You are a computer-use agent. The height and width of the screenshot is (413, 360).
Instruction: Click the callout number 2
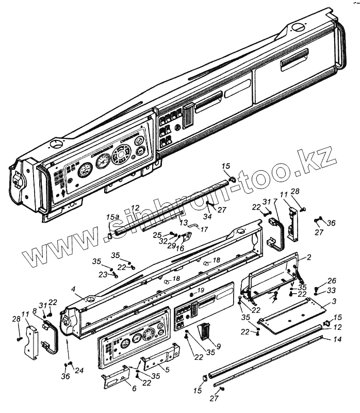click(x=309, y=257)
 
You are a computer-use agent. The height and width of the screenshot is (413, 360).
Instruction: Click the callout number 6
click(x=135, y=388)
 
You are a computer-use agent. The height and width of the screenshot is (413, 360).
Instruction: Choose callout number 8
click(x=35, y=311)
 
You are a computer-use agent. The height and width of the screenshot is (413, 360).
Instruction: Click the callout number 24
click(x=78, y=370)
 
